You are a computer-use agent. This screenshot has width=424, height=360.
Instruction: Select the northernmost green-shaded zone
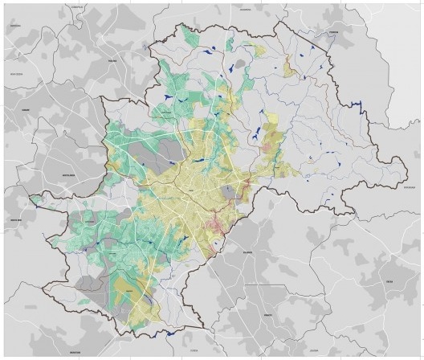[190, 36]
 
